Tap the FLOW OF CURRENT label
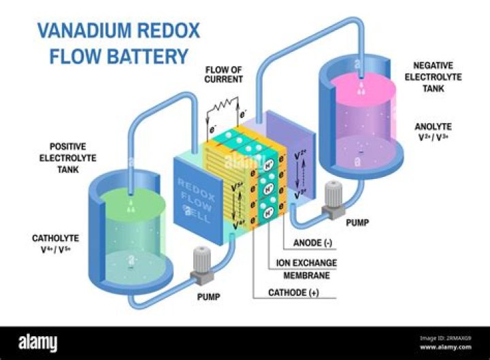pyautogui.click(x=223, y=74)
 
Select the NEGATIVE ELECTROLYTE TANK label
pyautogui.click(x=438, y=77)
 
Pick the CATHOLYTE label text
pyautogui.click(x=56, y=238)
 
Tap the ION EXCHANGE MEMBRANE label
pyautogui.click(x=306, y=269)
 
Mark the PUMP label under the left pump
pyautogui.click(x=211, y=298)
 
